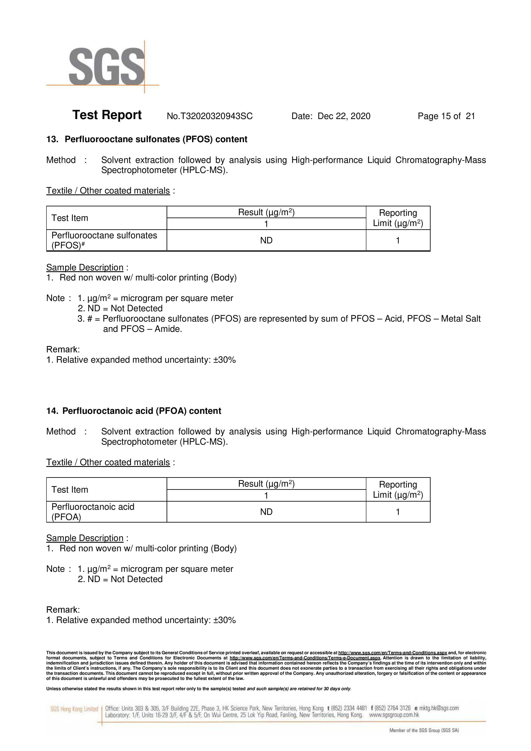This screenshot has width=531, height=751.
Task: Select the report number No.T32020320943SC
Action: click(209, 116)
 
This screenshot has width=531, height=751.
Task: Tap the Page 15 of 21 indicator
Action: click(446, 116)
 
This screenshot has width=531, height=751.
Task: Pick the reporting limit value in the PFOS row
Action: click(398, 240)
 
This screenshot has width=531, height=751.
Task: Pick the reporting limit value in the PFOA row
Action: click(398, 512)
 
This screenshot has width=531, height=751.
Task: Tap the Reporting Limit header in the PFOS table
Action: click(398, 218)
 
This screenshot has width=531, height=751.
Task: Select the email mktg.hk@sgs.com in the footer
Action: click(439, 708)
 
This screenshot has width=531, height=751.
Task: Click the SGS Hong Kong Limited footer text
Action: click(74, 709)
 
